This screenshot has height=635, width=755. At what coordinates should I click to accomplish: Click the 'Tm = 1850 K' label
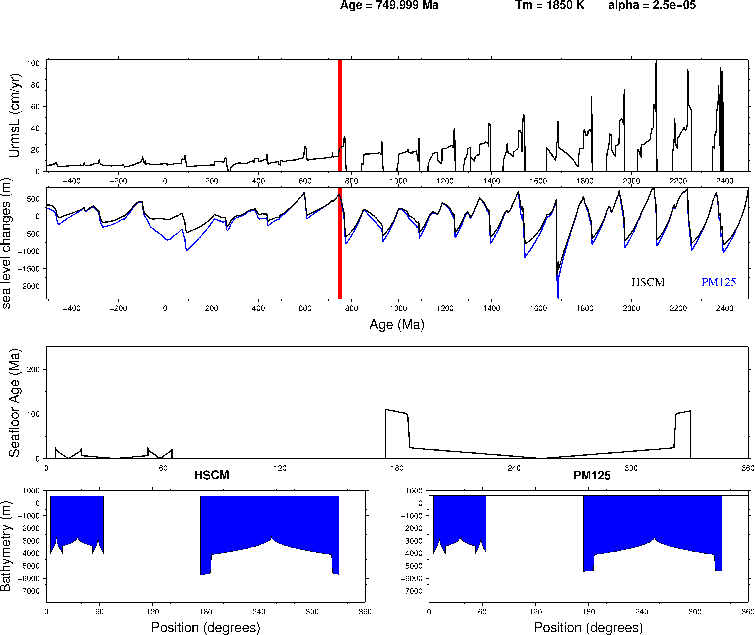550,5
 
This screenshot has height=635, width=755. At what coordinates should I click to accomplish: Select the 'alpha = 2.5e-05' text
652,5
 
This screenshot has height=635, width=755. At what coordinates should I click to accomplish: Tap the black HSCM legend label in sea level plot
648,282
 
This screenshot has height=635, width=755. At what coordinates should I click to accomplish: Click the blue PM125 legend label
718,282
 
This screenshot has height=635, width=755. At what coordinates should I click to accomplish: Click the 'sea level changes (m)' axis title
6,244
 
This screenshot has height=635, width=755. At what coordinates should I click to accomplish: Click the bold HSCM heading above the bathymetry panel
212,475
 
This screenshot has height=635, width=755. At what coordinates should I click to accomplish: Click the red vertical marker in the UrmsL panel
340,115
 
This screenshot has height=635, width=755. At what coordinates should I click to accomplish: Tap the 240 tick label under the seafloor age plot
514,468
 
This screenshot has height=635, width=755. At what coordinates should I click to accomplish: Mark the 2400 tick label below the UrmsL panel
724,181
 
